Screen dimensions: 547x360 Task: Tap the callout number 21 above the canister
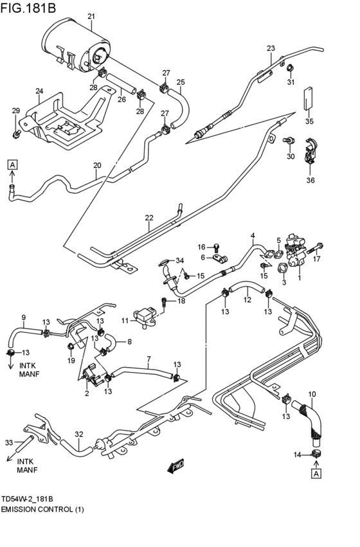91,16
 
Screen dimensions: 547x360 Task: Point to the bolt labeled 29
16,134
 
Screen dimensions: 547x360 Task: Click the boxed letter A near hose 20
12,165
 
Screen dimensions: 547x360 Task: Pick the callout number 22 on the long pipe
149,218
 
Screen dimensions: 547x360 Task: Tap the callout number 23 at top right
271,48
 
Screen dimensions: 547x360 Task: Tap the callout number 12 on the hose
247,300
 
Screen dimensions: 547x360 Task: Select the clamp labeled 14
316,456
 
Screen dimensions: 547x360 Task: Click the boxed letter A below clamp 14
316,474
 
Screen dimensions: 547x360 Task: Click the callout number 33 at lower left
8,442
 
